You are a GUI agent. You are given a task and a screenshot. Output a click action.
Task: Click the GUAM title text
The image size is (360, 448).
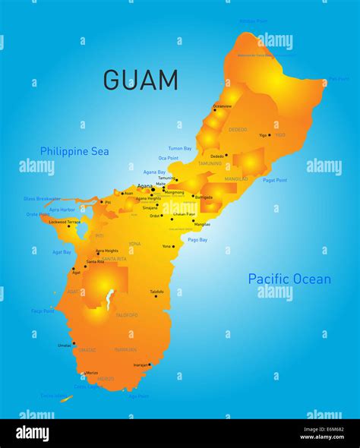pos(141,80)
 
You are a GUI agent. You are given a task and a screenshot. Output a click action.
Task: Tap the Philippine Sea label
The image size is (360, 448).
pos(74,151)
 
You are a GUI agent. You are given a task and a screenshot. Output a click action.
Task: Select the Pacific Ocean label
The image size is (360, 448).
pos(289,279)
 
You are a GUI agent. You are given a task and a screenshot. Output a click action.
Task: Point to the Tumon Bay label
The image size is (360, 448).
pos(180,148)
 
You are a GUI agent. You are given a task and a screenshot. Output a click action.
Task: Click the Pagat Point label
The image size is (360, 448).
pos(274,180)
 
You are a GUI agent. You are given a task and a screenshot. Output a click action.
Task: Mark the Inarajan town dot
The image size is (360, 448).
pos(150,364)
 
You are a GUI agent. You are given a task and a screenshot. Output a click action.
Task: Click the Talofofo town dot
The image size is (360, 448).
pos(156,296)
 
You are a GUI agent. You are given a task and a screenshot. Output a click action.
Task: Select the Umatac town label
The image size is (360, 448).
pos(65,345)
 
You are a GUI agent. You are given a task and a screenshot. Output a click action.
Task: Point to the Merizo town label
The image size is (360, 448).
pos(92,373)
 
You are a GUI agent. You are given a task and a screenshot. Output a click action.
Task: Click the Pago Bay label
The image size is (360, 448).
pos(197,239)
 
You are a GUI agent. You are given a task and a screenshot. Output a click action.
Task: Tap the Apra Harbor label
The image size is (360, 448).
pos(62,209)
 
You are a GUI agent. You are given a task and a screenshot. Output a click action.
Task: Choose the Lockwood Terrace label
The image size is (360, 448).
pos(65,222)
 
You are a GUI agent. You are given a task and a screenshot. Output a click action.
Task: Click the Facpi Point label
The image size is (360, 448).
pos(43,311)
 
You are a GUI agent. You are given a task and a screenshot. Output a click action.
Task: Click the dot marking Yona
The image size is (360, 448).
pos(175,247)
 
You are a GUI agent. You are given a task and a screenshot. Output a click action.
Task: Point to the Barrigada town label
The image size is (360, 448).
pos(204,197)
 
